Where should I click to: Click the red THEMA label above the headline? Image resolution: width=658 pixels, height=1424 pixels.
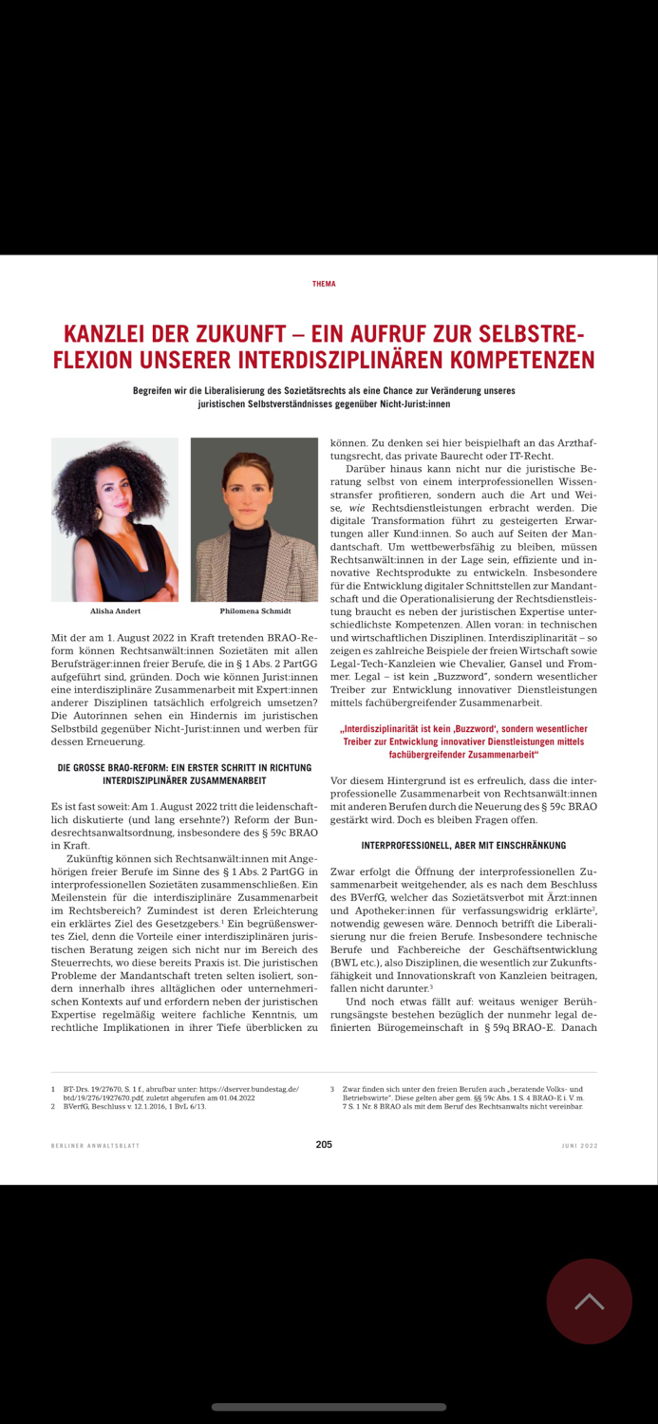tap(324, 284)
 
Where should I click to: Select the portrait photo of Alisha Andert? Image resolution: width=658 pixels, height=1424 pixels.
tap(115, 519)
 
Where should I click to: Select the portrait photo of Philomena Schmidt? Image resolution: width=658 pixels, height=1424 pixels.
tap(254, 519)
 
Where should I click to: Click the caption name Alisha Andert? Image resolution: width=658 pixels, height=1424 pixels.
tap(115, 611)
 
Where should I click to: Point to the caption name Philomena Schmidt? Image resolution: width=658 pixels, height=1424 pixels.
tap(254, 611)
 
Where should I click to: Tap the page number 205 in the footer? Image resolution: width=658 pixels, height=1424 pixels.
tap(324, 1145)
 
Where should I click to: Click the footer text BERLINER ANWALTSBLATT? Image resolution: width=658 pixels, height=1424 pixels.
tap(95, 1146)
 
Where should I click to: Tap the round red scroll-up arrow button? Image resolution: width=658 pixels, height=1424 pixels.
tap(589, 1302)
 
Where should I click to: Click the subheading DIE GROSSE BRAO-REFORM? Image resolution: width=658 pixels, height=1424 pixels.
tap(184, 767)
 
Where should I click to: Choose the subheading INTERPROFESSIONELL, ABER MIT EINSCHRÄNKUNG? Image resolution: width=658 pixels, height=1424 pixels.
tap(463, 845)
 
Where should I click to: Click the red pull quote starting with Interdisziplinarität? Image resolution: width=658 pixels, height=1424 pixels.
tap(463, 741)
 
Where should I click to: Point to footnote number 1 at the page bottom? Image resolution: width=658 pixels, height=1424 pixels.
tap(53, 1089)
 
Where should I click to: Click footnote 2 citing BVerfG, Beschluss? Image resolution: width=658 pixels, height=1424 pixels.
tap(133, 1106)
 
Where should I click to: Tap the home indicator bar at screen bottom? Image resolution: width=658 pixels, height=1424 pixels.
tap(329, 1407)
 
